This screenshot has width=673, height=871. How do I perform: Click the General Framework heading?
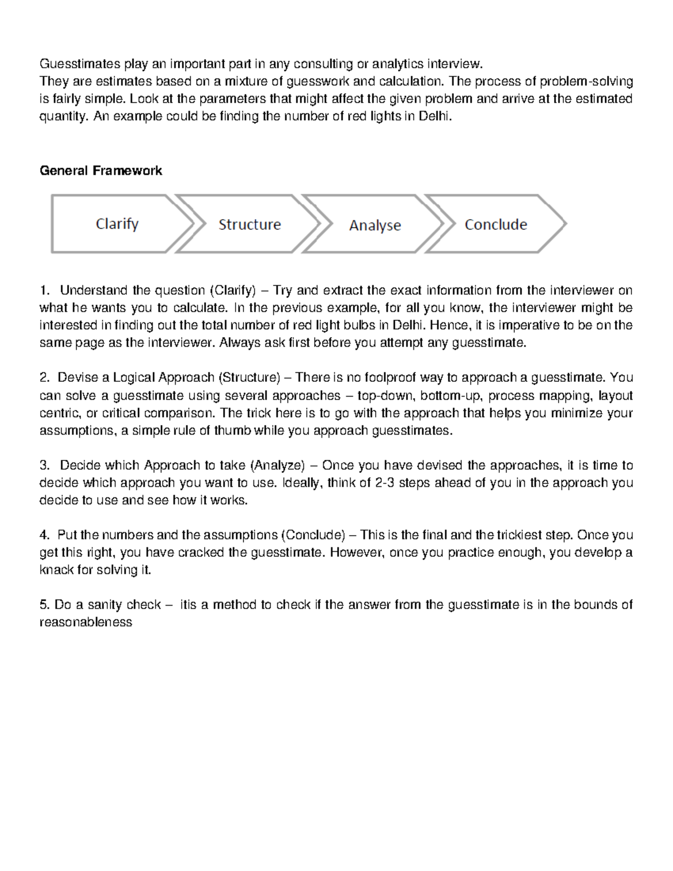tap(101, 170)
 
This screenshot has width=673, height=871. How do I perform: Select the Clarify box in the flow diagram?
tap(117, 224)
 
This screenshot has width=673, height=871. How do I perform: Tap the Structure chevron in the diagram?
tap(249, 224)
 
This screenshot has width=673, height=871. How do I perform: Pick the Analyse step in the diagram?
tap(375, 225)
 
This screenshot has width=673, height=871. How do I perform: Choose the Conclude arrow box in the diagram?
tap(495, 224)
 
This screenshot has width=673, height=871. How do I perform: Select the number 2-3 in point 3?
tap(384, 483)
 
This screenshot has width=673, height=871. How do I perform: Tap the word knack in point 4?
tap(57, 570)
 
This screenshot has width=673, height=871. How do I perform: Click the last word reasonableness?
tap(86, 622)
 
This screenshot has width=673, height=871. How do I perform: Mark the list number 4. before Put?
tap(44, 535)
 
